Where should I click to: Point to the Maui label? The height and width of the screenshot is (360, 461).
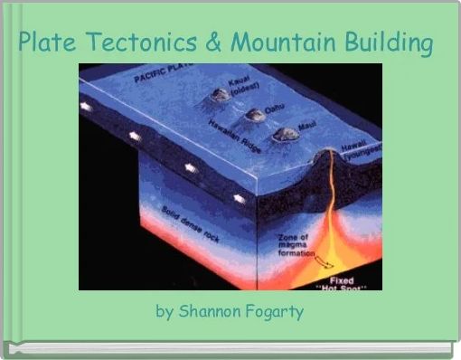307,129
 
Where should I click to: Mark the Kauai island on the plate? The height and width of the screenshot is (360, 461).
221,94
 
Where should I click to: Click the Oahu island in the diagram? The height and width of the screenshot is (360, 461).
256,115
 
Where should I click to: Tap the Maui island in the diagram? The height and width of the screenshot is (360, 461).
287,134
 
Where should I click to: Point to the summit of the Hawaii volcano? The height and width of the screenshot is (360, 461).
325,149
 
